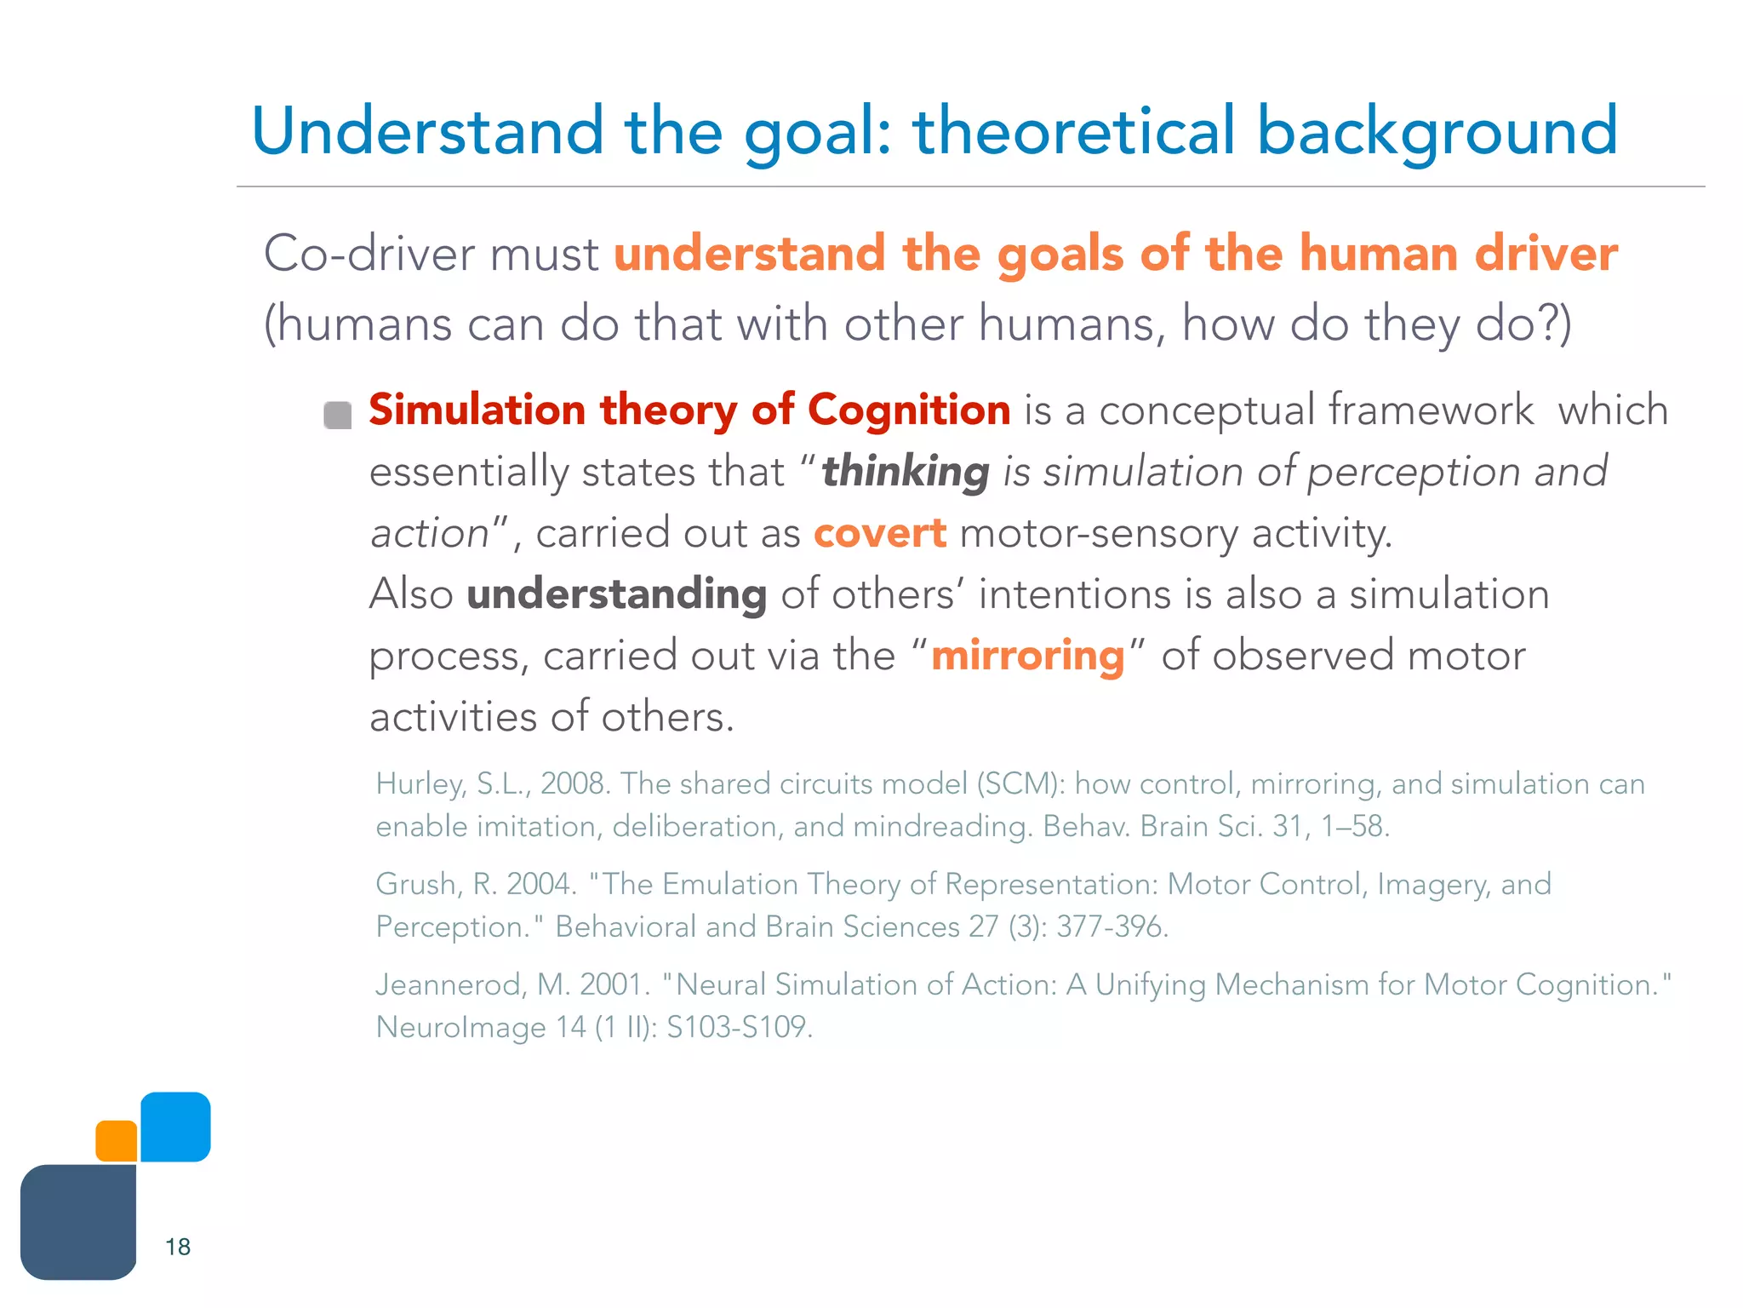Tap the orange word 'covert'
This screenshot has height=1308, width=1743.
tap(879, 534)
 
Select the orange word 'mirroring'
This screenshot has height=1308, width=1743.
tap(1027, 657)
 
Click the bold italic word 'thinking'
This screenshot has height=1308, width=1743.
tap(905, 473)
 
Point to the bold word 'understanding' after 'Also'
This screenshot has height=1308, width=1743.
tap(616, 594)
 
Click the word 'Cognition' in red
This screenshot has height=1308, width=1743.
tap(908, 410)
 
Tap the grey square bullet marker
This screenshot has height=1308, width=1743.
tap(338, 416)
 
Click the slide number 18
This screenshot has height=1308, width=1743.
tap(178, 1247)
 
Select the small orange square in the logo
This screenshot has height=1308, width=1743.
tap(117, 1141)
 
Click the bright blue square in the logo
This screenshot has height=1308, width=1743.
tap(175, 1126)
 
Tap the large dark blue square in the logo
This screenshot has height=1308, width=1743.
tap(78, 1222)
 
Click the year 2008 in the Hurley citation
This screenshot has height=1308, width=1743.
tap(574, 784)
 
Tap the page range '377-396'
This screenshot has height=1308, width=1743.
tap(1112, 926)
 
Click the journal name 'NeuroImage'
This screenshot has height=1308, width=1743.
tap(460, 1027)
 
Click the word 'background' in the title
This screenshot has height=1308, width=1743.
tap(1437, 132)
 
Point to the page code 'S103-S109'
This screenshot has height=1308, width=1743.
tap(739, 1027)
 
